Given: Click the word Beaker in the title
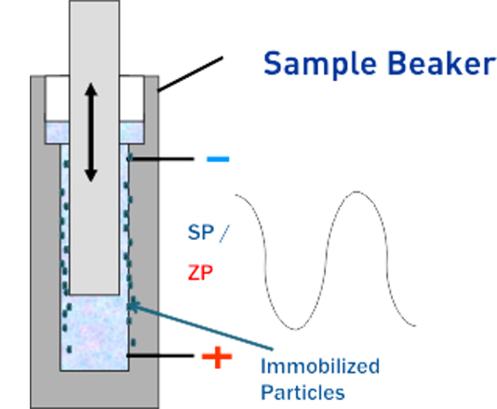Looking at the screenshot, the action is [442, 62].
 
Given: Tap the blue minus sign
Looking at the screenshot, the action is [218, 159].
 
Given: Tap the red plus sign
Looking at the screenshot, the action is [217, 357].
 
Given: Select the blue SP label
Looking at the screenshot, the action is [201, 232].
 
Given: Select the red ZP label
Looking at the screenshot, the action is [200, 272].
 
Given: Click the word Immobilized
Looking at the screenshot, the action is [320, 366].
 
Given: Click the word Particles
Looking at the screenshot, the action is [302, 392].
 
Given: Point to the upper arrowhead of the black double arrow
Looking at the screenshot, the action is [91, 89].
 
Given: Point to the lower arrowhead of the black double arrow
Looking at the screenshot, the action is [91, 176].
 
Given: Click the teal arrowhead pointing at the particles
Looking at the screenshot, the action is [132, 306].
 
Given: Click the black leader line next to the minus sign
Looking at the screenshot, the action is [161, 159].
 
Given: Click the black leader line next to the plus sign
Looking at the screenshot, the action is [160, 356].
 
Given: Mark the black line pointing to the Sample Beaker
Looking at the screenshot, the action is [190, 74].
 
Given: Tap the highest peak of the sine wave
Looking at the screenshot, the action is [356, 191].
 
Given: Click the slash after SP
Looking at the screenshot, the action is [223, 233].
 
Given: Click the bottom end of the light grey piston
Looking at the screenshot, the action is [94, 294].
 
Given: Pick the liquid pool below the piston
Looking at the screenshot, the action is [94, 333].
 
